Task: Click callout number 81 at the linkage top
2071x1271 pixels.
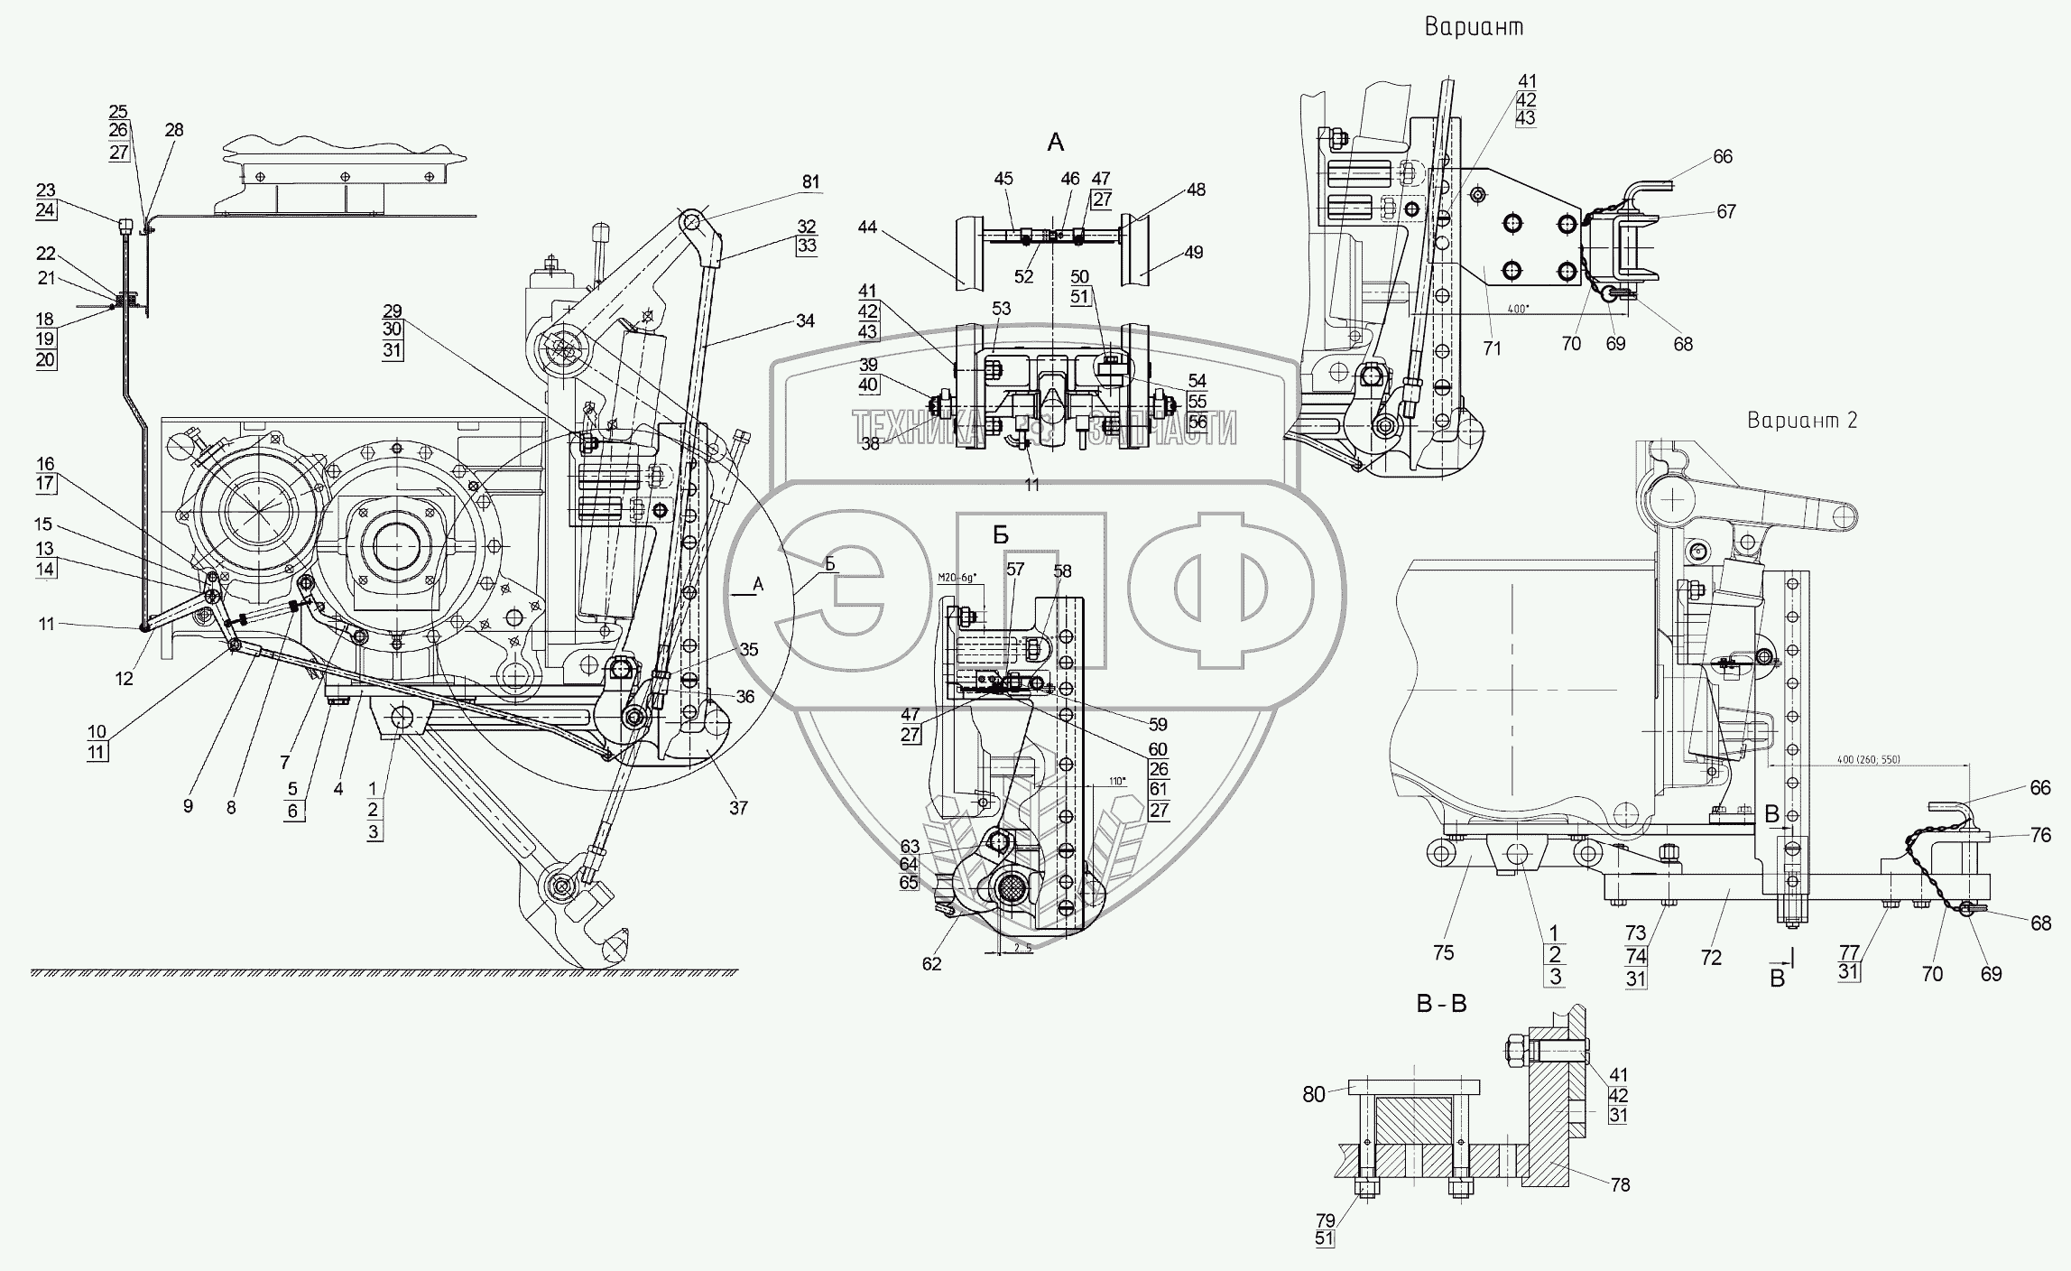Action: click(x=810, y=182)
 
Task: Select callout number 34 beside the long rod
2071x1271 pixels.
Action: click(x=805, y=320)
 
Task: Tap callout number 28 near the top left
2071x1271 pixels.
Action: click(x=174, y=130)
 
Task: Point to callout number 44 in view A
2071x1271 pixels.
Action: click(x=867, y=227)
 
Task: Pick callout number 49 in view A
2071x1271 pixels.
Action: click(x=1194, y=253)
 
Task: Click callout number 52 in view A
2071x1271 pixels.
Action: click(x=1022, y=277)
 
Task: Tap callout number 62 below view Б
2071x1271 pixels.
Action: click(x=931, y=963)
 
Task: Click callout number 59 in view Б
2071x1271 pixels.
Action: click(x=1158, y=724)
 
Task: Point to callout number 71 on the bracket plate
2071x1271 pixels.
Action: click(x=1492, y=348)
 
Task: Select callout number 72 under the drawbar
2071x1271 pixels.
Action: click(x=1711, y=958)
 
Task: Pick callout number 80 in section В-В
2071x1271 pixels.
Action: click(x=1314, y=1095)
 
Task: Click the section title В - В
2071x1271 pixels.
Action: click(x=1440, y=1004)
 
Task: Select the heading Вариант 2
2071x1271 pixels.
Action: click(x=1802, y=421)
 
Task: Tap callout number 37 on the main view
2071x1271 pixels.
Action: click(x=738, y=808)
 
